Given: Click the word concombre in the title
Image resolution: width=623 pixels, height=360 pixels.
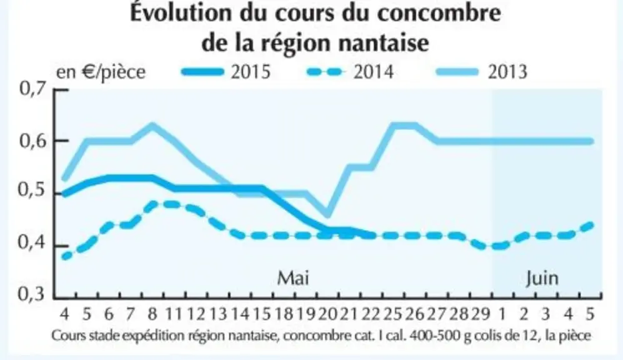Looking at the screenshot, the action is (x=439, y=12).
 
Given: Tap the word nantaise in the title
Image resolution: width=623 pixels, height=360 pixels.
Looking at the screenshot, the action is (x=384, y=42).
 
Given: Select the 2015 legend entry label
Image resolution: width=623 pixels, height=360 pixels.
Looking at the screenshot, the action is (x=251, y=72).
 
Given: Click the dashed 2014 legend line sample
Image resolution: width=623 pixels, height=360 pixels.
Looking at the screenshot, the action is (x=325, y=72).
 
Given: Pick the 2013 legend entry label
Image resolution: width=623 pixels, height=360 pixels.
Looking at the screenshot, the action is (x=507, y=72).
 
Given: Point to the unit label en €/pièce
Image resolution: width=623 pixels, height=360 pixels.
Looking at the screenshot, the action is (x=101, y=72).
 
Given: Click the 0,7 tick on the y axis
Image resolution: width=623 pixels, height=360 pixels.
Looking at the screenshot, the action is (x=32, y=89).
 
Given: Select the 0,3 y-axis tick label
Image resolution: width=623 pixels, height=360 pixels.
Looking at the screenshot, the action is (x=32, y=294).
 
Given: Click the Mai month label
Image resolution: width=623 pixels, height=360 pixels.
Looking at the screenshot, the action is (x=293, y=277).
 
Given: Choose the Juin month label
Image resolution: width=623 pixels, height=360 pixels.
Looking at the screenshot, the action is (x=542, y=278).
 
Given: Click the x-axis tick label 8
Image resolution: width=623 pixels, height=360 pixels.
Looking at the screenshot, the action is (x=152, y=314).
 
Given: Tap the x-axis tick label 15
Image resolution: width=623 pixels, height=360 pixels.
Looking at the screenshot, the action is (x=262, y=314).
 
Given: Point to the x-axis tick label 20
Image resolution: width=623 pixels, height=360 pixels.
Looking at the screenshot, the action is (x=327, y=314).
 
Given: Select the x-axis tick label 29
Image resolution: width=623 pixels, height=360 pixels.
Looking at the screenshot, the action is (x=481, y=314).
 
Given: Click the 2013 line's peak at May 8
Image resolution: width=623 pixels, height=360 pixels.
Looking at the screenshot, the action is (x=152, y=126).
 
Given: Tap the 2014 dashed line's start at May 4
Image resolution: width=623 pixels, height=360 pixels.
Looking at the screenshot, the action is (x=65, y=257).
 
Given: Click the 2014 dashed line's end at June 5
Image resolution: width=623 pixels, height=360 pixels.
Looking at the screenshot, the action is (x=591, y=225).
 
